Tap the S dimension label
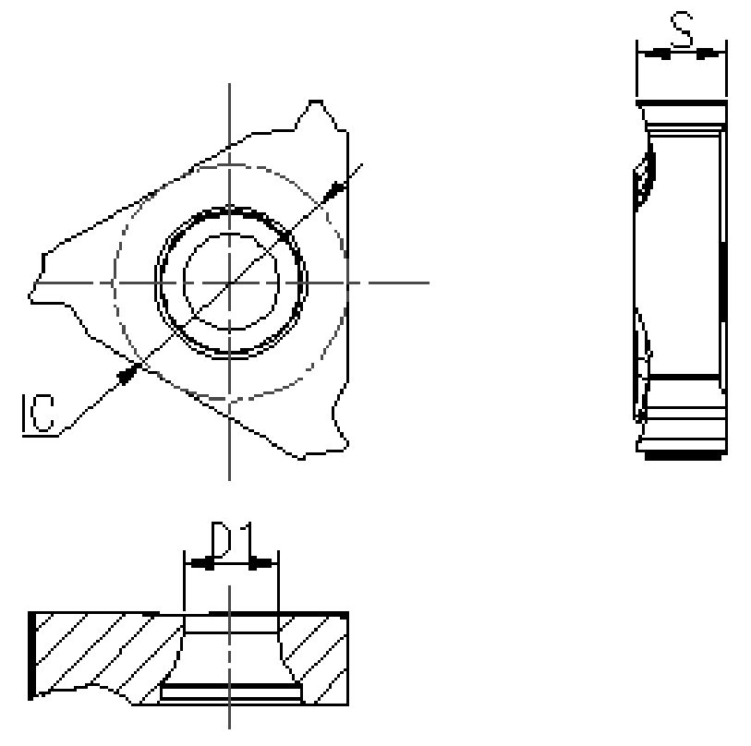(682, 33)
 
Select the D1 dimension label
(230, 541)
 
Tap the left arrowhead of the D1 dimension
(200, 563)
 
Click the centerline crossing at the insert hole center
(230, 281)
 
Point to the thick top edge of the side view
(682, 102)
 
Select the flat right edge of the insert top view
(348, 277)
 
